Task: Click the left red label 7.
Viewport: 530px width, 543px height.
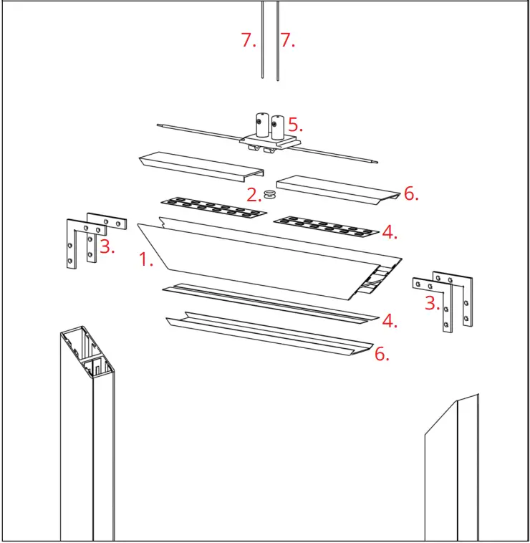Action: pos(249,41)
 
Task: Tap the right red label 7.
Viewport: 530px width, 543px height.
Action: pos(287,41)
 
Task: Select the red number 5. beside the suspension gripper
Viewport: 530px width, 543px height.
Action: pos(295,124)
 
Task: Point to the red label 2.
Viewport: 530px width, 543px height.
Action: pos(254,195)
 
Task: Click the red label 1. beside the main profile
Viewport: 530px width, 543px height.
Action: pos(146,260)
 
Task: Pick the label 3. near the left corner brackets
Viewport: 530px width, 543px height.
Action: pos(107,247)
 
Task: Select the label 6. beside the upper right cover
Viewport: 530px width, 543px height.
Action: pos(411,193)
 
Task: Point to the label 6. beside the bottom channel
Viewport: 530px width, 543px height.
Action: pos(382,353)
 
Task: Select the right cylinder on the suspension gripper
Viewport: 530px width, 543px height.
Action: pos(279,127)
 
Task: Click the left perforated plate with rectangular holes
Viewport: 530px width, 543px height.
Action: pos(213,208)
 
